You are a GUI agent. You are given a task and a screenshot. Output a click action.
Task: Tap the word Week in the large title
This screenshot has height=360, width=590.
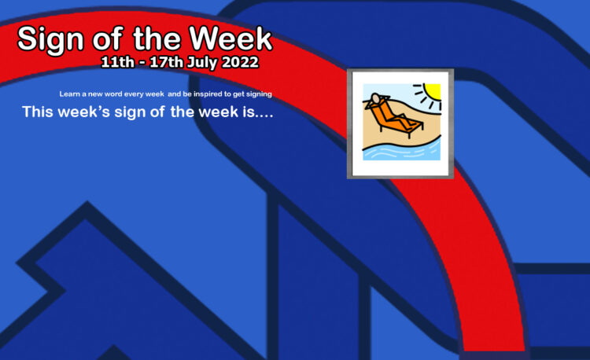click(x=230, y=39)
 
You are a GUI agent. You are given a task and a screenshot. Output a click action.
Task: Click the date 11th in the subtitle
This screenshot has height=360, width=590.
click(x=117, y=62)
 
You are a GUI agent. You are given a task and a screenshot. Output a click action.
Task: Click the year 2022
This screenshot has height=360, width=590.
click(x=240, y=62)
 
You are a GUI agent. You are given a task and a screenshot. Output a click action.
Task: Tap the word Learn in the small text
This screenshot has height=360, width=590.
click(x=69, y=94)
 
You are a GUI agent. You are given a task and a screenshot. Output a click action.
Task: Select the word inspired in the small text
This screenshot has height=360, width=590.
click(x=208, y=94)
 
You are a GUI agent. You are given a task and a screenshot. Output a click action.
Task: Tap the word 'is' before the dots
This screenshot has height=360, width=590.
click(x=249, y=112)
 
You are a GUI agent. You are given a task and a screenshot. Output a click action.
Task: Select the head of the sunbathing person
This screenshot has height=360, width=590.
click(x=375, y=98)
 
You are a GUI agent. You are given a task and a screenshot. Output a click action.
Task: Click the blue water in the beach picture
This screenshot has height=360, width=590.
click(x=401, y=152)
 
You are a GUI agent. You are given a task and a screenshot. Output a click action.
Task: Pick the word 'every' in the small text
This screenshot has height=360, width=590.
click(x=134, y=94)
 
